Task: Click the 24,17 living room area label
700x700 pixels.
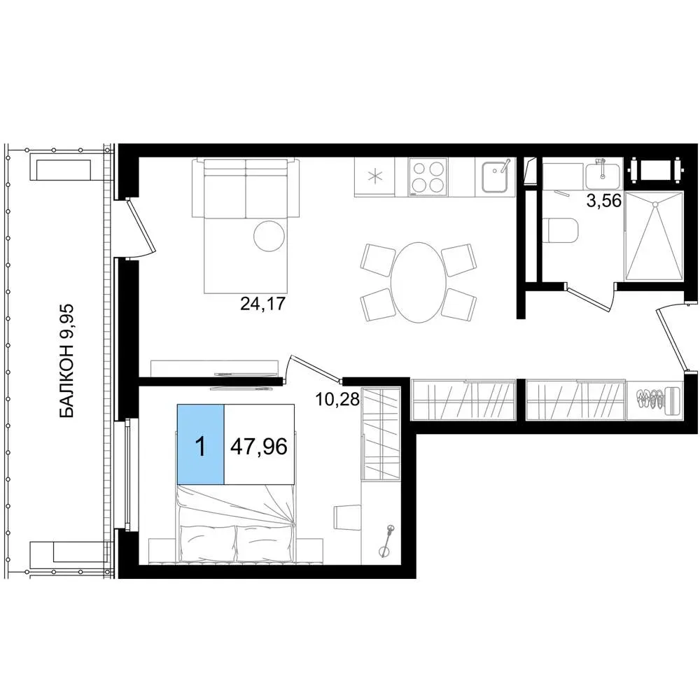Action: [262, 304]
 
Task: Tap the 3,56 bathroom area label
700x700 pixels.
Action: [604, 201]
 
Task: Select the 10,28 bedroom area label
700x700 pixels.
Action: [337, 399]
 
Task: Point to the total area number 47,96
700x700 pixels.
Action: [259, 446]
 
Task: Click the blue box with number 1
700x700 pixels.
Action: [200, 444]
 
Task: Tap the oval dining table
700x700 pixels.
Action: [419, 283]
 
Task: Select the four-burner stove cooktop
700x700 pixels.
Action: [428, 177]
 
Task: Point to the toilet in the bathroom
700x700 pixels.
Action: [561, 230]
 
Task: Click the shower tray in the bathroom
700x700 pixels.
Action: [654, 236]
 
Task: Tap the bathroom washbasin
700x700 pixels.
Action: [603, 176]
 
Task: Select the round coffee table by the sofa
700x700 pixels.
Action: [269, 236]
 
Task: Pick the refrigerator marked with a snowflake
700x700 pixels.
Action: [374, 177]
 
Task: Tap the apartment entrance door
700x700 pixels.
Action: [672, 336]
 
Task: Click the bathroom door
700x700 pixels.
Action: [589, 295]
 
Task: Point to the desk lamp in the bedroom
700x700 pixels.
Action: [386, 540]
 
